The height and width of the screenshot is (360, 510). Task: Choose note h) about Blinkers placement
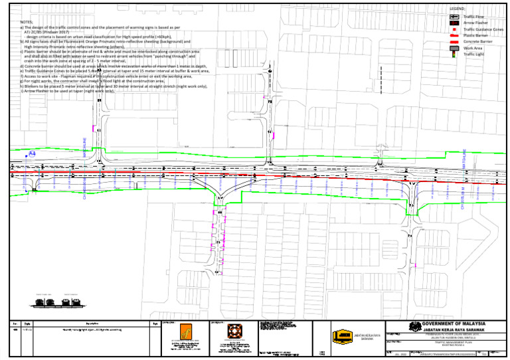click(113, 86)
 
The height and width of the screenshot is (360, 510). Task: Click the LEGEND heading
click(458, 9)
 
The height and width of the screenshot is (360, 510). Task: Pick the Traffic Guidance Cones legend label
click(483, 29)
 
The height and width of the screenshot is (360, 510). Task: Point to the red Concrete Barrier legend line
click(454, 42)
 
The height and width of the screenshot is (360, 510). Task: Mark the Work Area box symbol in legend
click(454, 48)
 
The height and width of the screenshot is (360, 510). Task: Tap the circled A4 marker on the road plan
click(31, 154)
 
